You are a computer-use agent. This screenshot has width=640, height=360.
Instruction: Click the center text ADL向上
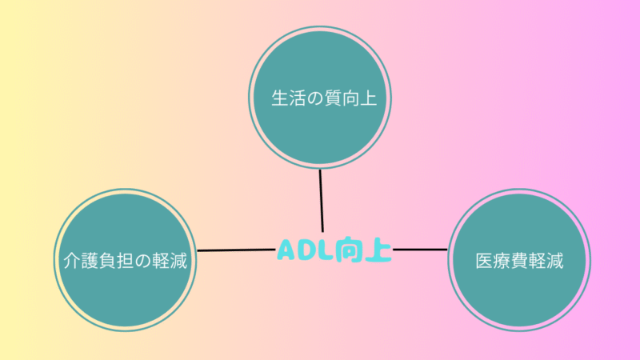(x=334, y=249)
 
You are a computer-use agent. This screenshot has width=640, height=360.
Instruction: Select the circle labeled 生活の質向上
(x=320, y=98)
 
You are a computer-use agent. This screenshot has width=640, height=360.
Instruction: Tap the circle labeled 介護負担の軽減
(x=125, y=260)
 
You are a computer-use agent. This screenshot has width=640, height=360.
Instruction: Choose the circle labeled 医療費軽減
(x=519, y=260)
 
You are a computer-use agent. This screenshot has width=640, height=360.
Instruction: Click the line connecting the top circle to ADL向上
(x=322, y=201)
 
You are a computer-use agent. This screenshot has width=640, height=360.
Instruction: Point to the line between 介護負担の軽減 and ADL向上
(x=236, y=250)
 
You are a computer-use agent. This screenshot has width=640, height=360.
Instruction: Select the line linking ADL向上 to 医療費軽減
(x=420, y=249)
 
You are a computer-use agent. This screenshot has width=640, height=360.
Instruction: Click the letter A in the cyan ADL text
(x=286, y=250)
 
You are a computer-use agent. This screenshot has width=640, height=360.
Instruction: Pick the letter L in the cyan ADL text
(x=324, y=250)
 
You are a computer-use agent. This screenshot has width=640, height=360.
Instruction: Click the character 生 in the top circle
(x=280, y=98)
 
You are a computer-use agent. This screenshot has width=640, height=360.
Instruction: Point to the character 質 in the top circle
(x=333, y=98)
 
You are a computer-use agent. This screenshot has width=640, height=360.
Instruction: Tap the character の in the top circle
(x=315, y=98)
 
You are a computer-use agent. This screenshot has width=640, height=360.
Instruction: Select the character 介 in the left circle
(x=72, y=261)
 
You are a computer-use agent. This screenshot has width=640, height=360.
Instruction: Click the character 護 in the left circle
(x=90, y=261)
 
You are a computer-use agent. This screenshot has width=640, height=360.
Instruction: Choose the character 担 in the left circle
(x=125, y=261)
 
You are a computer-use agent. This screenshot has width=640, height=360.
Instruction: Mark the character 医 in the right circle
(x=484, y=261)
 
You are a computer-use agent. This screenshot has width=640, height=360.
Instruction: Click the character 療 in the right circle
(x=502, y=261)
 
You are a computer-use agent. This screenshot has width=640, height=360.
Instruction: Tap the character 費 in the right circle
(x=519, y=261)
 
